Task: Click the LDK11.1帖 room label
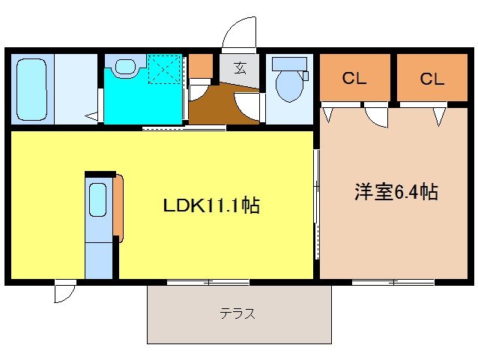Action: [211, 205]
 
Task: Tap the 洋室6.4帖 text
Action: [396, 191]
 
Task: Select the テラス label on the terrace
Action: [238, 314]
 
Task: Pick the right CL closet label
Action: [432, 78]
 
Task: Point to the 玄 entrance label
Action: [240, 68]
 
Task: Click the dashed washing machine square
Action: [165, 70]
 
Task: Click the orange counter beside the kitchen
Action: [118, 206]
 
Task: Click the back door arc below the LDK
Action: [65, 292]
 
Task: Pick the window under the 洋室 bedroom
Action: [393, 282]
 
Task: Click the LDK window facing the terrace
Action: [208, 282]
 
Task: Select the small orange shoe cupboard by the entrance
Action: [200, 68]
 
